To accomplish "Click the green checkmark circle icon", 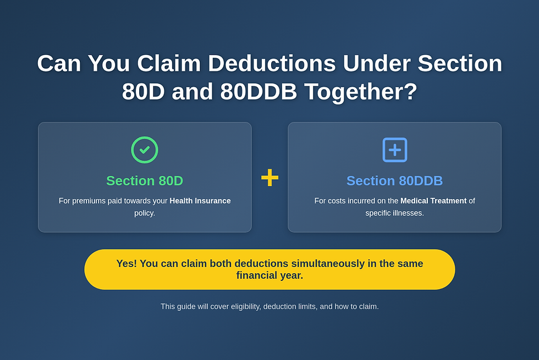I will pyautogui.click(x=145, y=150).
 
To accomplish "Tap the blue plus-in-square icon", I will pyautogui.click(x=394, y=150).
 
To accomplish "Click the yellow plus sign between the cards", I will pyautogui.click(x=269, y=178).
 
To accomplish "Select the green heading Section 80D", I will pyautogui.click(x=145, y=181).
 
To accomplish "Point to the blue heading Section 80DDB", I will pyautogui.click(x=394, y=181).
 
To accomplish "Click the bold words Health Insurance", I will pyautogui.click(x=200, y=201).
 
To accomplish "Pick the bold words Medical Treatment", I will pyautogui.click(x=433, y=201).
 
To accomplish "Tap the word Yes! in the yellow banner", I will pyautogui.click(x=127, y=263).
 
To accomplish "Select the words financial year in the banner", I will pyautogui.click(x=269, y=275).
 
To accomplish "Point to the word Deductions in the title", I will pyautogui.click(x=272, y=63).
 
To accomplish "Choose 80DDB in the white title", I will pyautogui.click(x=258, y=92).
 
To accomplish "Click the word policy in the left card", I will pyautogui.click(x=145, y=213).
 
